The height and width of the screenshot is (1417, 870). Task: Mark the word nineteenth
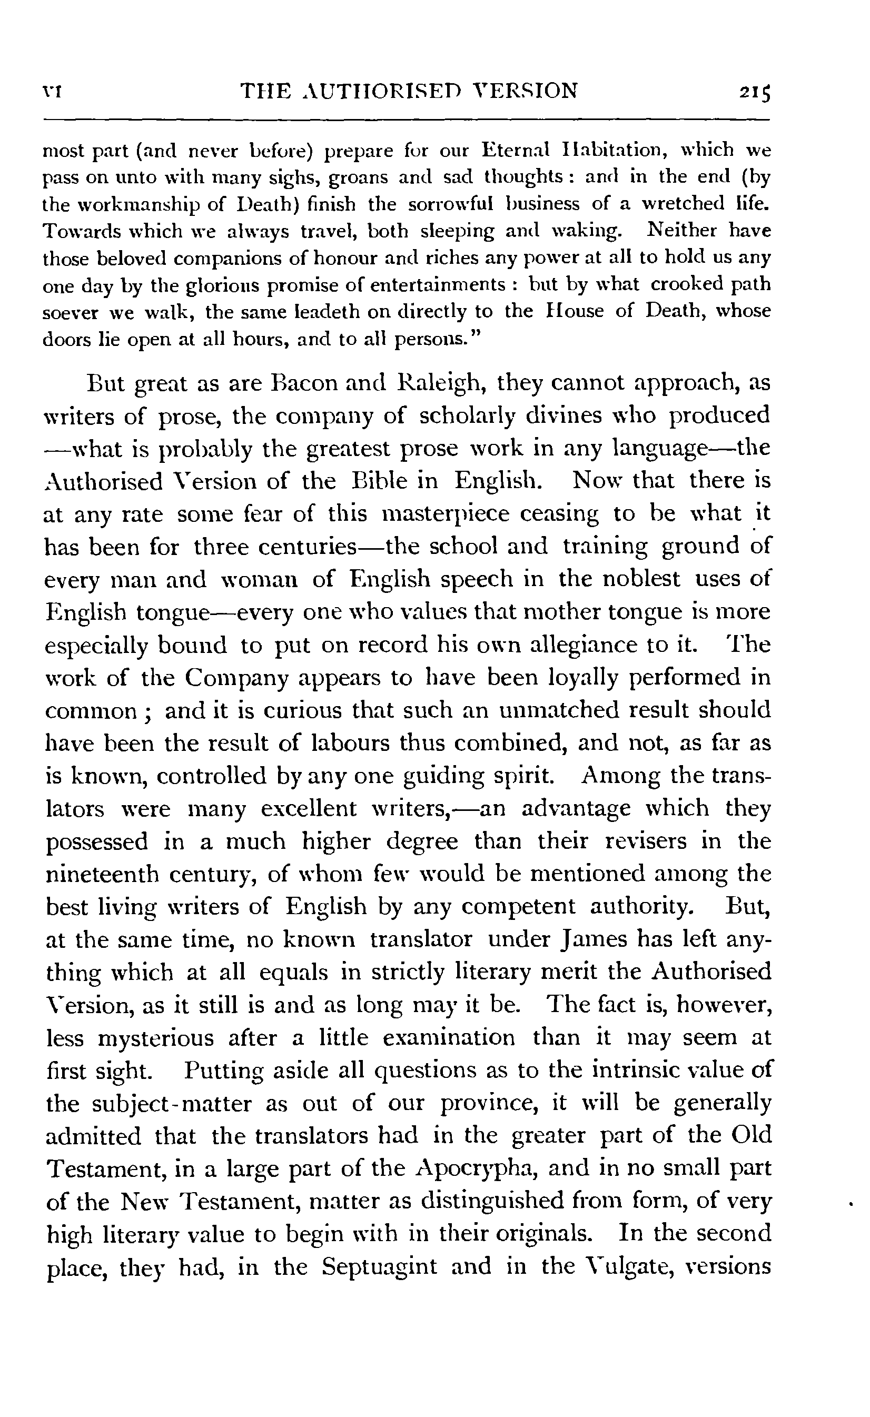pyautogui.click(x=101, y=874)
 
